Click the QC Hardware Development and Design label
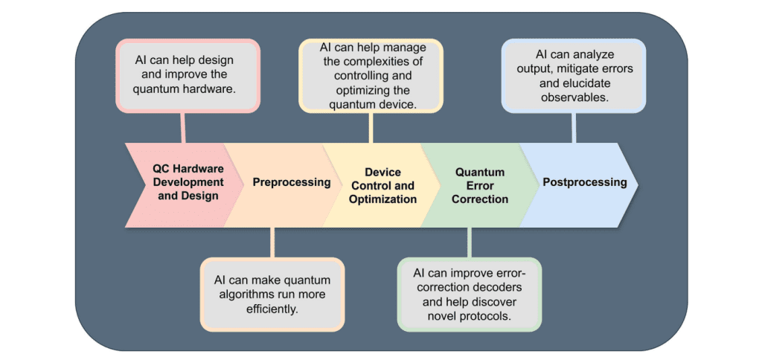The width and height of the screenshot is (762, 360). (x=188, y=182)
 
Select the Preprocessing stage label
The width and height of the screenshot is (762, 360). (x=291, y=182)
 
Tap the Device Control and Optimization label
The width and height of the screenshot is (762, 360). (x=382, y=186)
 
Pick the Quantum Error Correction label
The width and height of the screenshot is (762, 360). (x=481, y=186)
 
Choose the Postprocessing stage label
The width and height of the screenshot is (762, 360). (x=584, y=182)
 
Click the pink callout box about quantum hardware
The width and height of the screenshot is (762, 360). (x=187, y=75)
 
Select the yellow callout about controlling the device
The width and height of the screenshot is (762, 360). (x=371, y=76)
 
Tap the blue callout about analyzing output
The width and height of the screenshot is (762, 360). (x=573, y=75)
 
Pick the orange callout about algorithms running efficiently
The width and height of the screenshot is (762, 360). (x=272, y=294)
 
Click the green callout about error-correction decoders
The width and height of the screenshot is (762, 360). (x=470, y=294)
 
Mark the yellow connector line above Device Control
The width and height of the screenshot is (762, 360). (x=370, y=127)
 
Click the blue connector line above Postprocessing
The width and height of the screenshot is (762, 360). (x=573, y=127)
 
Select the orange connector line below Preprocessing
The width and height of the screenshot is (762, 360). (x=272, y=242)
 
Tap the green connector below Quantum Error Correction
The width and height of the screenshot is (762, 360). (x=469, y=242)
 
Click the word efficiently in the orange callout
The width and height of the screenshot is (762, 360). (x=272, y=308)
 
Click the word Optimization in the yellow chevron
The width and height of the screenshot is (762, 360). (x=382, y=199)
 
